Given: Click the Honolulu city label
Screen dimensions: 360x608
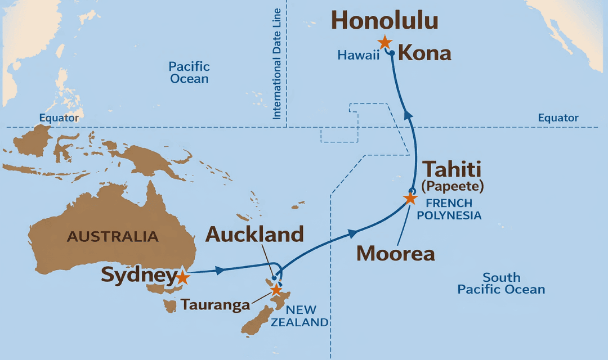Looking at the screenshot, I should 385,20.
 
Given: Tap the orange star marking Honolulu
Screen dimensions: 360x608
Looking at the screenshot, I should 385,42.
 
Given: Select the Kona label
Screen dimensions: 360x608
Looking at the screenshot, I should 424,54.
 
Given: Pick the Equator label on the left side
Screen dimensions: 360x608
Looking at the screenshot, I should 59,118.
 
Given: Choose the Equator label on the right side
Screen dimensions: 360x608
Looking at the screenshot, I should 558,118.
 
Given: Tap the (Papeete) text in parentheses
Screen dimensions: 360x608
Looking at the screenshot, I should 453,186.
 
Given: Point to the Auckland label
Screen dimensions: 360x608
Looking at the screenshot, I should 254,234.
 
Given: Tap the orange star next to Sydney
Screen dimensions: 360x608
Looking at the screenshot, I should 182,277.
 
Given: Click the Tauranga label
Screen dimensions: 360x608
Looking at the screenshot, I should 215,305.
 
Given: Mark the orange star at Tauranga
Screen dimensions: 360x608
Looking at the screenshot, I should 276,290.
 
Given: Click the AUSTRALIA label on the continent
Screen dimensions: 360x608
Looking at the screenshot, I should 113,236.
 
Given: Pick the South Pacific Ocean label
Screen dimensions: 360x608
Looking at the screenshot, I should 501,283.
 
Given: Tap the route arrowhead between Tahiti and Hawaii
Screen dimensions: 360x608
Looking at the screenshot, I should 409,115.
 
